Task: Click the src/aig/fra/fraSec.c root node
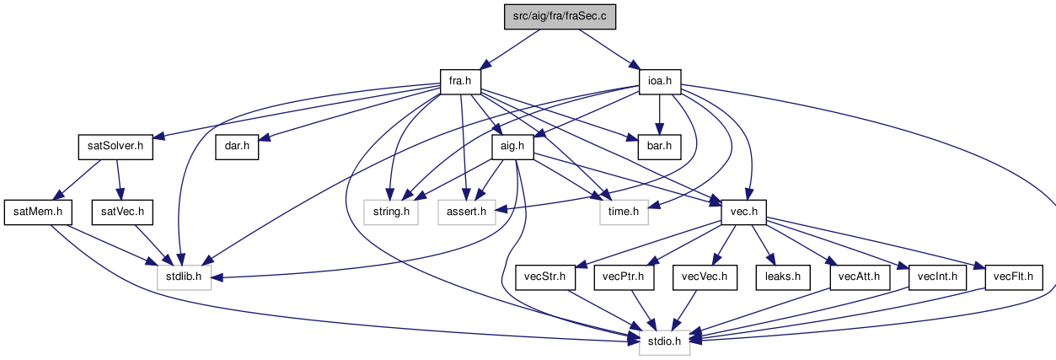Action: click(560, 17)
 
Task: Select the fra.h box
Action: click(460, 82)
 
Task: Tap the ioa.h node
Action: click(660, 82)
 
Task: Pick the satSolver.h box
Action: click(115, 147)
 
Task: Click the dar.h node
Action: click(237, 147)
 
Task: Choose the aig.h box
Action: click(512, 147)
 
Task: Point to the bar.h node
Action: click(660, 147)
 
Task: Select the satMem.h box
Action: click(38, 212)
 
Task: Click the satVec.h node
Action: click(122, 212)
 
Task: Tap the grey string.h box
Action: click(391, 212)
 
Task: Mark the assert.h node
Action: click(466, 212)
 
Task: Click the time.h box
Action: click(624, 212)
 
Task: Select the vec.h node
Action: click(744, 212)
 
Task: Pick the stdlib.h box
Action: click(184, 277)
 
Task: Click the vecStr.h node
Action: click(545, 277)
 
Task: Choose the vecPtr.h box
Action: click(624, 277)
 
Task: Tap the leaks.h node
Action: click(783, 277)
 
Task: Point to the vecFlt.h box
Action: click(1014, 277)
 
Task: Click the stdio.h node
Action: click(664, 342)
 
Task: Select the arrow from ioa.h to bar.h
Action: click(660, 115)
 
